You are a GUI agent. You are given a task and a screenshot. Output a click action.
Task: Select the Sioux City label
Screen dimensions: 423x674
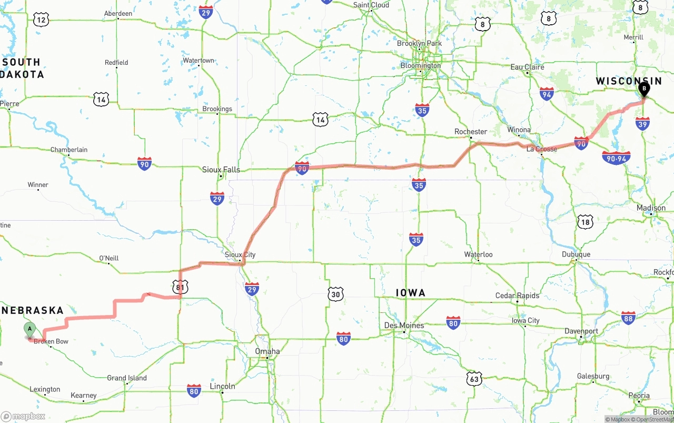(x=240, y=255)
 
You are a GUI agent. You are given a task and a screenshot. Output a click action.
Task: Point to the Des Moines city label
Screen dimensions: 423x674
(x=404, y=326)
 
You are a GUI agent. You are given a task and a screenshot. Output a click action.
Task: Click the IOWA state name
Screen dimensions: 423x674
(x=410, y=293)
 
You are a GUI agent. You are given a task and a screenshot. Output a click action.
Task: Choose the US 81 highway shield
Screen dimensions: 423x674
(x=180, y=287)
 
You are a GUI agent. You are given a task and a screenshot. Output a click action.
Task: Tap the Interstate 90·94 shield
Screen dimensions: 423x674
(x=616, y=158)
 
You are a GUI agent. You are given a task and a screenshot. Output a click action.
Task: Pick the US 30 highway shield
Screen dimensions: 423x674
(x=335, y=294)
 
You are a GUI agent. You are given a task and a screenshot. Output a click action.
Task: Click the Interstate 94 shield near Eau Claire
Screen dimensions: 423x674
(x=547, y=94)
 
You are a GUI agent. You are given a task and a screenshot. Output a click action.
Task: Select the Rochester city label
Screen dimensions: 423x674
(x=471, y=132)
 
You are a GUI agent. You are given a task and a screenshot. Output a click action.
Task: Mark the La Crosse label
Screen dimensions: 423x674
(x=542, y=149)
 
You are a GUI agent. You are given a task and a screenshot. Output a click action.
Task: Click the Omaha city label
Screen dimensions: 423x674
(x=267, y=351)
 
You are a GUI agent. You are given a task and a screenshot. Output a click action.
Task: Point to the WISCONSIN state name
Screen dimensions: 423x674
(x=629, y=81)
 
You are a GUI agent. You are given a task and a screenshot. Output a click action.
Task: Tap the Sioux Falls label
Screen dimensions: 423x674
(x=221, y=170)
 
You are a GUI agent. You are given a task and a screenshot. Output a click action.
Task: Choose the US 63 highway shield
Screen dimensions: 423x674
(x=474, y=378)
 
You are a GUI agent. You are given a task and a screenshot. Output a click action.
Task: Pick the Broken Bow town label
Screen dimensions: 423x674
(x=51, y=341)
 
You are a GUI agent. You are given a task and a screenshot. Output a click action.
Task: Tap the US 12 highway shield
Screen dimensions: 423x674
(x=41, y=20)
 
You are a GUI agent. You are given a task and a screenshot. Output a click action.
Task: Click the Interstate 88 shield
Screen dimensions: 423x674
(x=628, y=318)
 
